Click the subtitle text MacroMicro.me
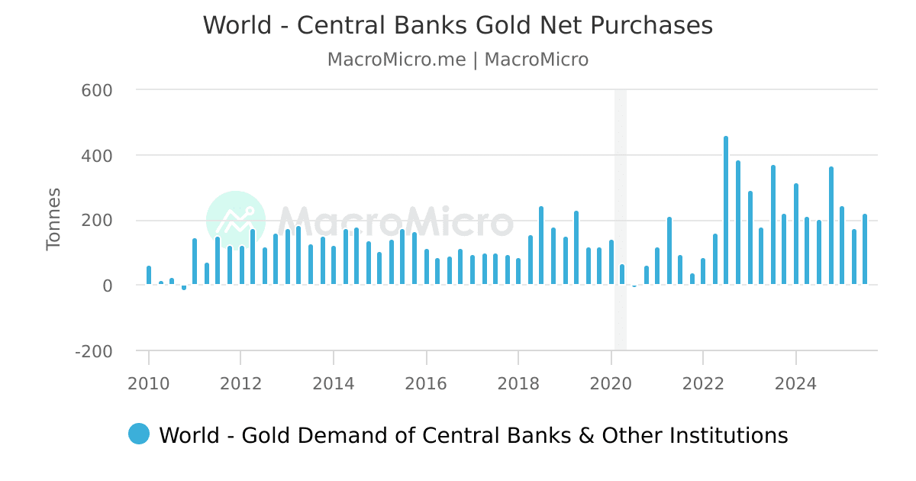pyautogui.click(x=396, y=60)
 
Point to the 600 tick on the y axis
pyautogui.click(x=97, y=90)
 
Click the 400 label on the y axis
pyautogui.click(x=97, y=156)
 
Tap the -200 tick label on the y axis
pyautogui.click(x=93, y=351)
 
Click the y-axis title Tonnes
pyautogui.click(x=53, y=219)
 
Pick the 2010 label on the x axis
pyautogui.click(x=149, y=383)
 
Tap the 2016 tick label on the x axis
pyautogui.click(x=426, y=383)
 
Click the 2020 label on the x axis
pyautogui.click(x=611, y=383)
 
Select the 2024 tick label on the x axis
pyautogui.click(x=796, y=383)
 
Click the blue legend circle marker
pyautogui.click(x=139, y=434)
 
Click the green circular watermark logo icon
pyautogui.click(x=236, y=221)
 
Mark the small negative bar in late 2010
pyautogui.click(x=184, y=288)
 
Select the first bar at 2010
pyautogui.click(x=149, y=276)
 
